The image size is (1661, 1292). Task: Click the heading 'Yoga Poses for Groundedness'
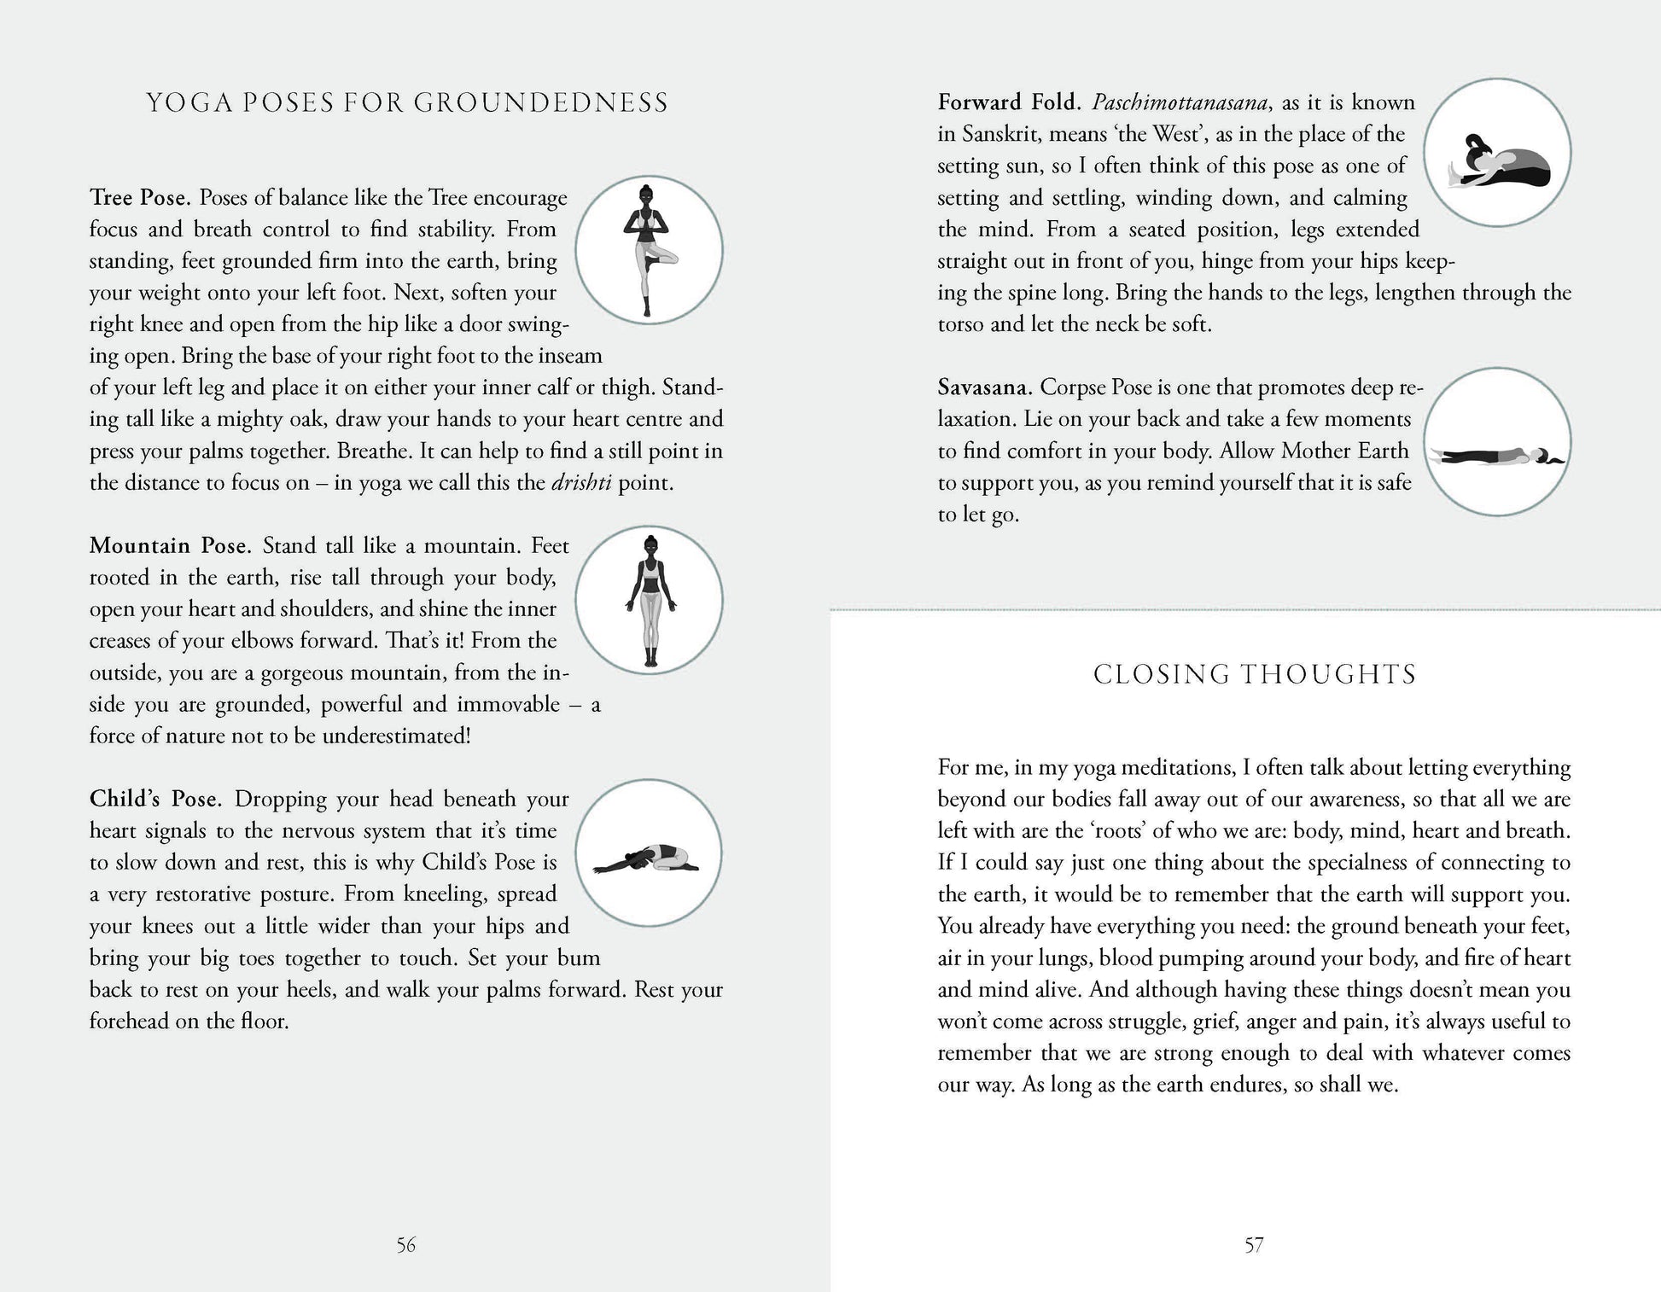(407, 102)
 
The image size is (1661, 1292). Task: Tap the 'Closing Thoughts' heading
(1254, 674)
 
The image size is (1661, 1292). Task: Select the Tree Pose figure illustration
(649, 251)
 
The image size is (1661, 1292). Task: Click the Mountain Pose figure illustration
(650, 600)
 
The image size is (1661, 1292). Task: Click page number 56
(406, 1245)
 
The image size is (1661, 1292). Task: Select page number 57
(1253, 1245)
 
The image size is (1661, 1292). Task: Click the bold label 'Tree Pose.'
(141, 198)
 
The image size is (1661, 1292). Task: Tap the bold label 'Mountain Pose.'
(170, 545)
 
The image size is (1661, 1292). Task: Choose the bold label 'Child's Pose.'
(155, 799)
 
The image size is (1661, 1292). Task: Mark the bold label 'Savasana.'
(985, 387)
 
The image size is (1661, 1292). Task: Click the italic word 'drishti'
(581, 482)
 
